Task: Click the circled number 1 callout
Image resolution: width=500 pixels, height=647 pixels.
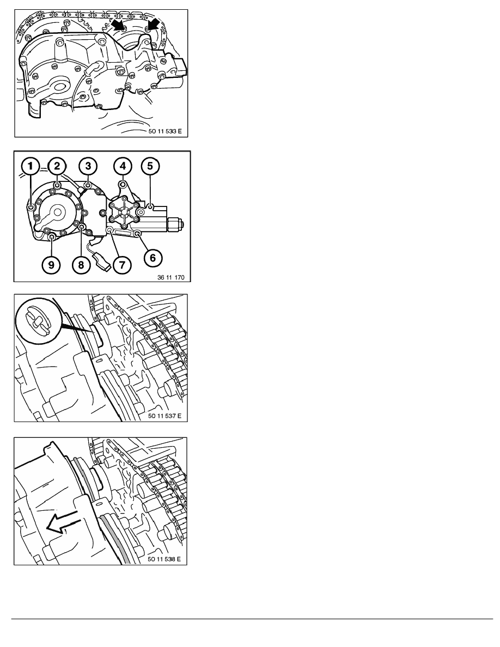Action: [x=30, y=166]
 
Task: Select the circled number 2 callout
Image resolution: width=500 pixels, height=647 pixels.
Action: [x=57, y=166]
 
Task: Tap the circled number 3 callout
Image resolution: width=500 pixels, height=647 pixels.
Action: [x=88, y=166]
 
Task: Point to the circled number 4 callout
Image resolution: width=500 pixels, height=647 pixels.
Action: [x=123, y=166]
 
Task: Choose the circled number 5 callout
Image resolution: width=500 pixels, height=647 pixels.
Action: [x=150, y=166]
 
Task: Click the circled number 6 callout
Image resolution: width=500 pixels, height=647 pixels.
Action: [x=153, y=258]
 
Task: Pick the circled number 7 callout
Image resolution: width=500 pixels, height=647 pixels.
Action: [x=122, y=264]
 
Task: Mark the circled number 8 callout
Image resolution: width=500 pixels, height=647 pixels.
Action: [x=81, y=264]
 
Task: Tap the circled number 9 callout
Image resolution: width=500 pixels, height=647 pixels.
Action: [x=51, y=264]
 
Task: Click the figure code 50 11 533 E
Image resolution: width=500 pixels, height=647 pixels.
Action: [x=165, y=131]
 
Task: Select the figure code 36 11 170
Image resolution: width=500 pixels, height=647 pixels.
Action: [x=171, y=277]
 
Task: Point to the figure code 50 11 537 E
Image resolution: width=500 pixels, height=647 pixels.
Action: [x=165, y=416]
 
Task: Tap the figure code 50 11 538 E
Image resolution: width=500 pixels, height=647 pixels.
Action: [x=164, y=559]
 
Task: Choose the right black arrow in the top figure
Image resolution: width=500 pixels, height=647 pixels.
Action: [x=153, y=25]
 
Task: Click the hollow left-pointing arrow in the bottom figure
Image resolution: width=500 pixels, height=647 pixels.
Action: [x=63, y=522]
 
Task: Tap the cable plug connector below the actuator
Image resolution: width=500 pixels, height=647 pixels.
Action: [x=103, y=262]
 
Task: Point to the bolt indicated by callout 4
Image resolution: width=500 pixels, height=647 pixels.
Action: [x=123, y=184]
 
